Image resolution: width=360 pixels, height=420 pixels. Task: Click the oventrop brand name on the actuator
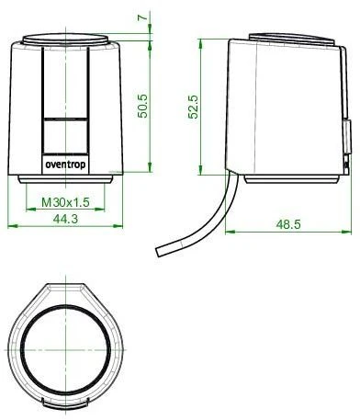66,165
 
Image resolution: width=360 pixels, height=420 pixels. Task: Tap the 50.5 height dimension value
142,106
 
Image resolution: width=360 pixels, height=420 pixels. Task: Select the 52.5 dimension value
194,107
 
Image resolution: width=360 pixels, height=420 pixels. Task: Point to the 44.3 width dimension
65,219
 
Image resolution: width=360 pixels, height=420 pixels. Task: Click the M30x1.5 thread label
65,202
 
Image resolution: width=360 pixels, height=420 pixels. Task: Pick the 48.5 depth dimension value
288,224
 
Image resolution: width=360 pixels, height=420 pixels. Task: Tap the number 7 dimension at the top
142,17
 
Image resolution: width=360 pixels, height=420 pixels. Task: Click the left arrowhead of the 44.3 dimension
12,226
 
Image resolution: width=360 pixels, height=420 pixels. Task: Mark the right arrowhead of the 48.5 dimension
347,232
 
